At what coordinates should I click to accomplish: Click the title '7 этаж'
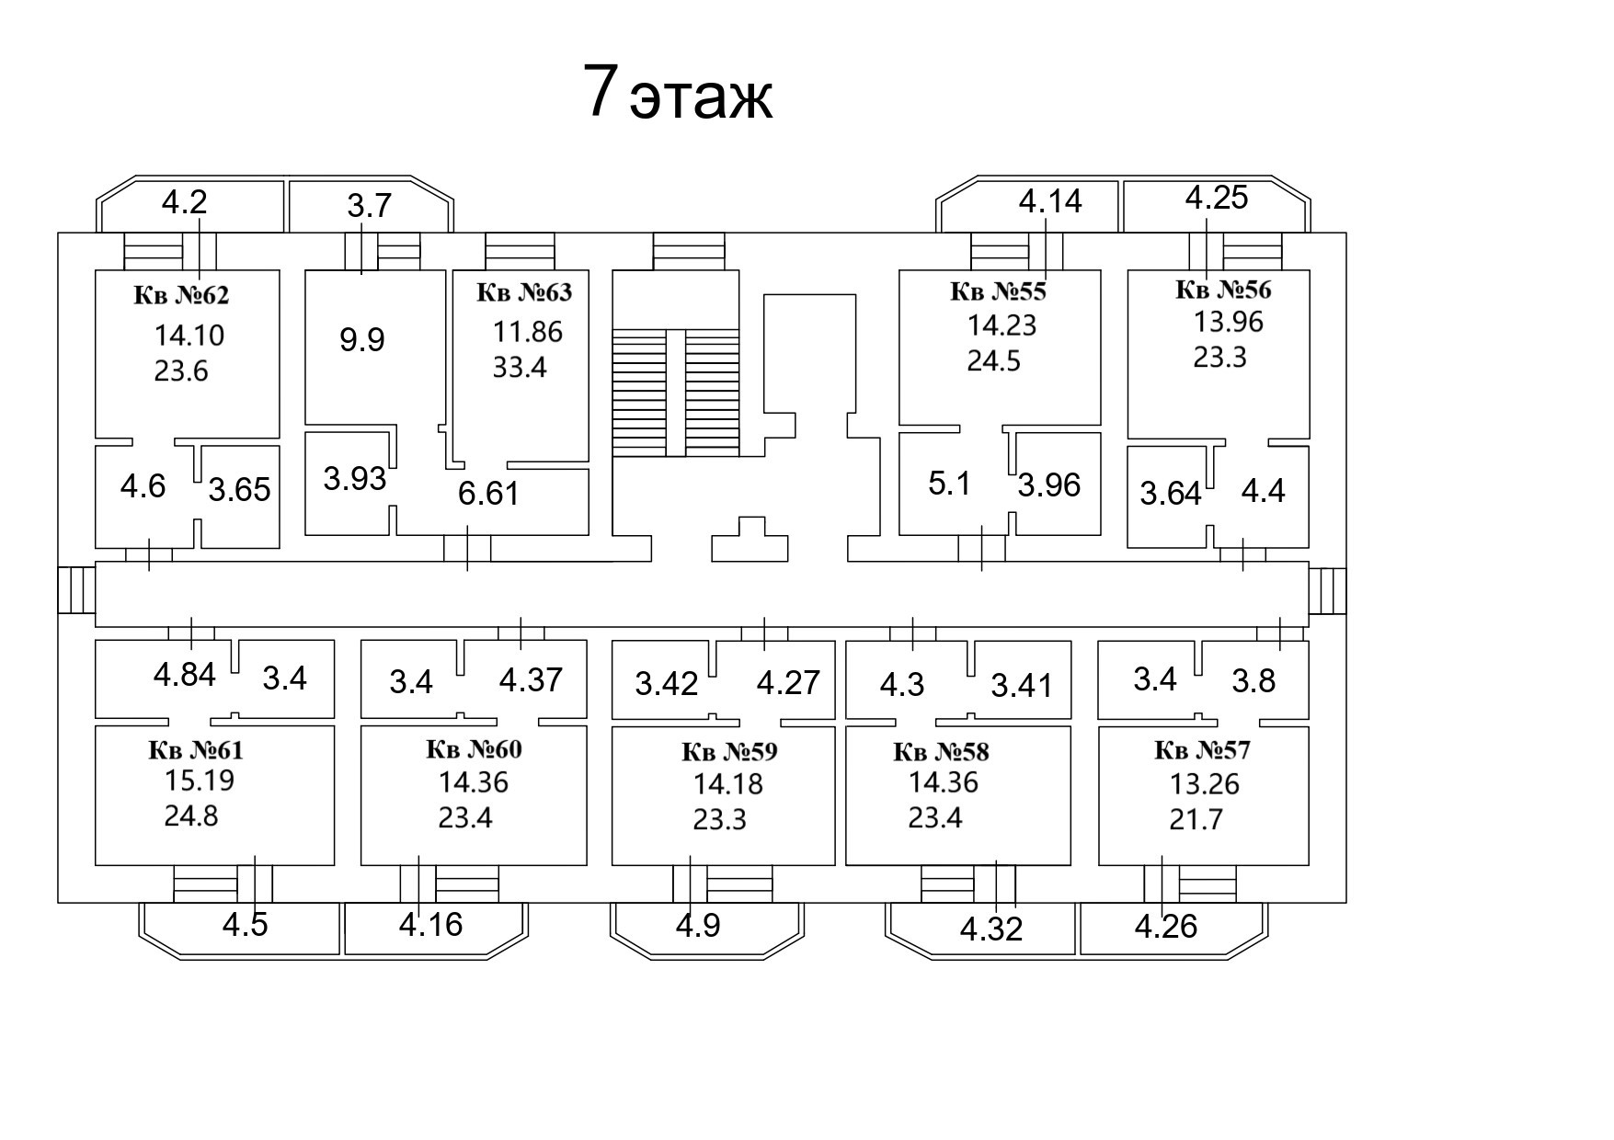[678, 94]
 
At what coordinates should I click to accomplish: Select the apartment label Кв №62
[181, 296]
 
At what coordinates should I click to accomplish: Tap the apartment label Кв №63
[524, 292]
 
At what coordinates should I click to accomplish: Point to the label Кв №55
[998, 292]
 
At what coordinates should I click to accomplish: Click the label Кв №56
[1223, 290]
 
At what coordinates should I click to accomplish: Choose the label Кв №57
[1202, 751]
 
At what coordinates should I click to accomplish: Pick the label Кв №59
[729, 752]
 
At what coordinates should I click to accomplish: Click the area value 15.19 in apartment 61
[200, 781]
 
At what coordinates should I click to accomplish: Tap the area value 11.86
[528, 331]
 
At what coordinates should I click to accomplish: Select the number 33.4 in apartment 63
[520, 368]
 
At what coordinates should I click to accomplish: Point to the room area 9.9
[362, 340]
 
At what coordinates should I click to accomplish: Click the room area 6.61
[488, 494]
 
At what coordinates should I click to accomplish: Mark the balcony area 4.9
[698, 925]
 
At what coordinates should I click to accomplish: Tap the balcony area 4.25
[1216, 198]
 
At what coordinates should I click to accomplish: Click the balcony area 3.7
[370, 205]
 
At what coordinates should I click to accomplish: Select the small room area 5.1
[949, 484]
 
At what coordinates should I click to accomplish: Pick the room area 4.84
[185, 675]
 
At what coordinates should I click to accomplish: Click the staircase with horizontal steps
[675, 393]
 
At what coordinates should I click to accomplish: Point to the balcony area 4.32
[990, 929]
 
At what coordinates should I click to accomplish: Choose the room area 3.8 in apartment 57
[1253, 680]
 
